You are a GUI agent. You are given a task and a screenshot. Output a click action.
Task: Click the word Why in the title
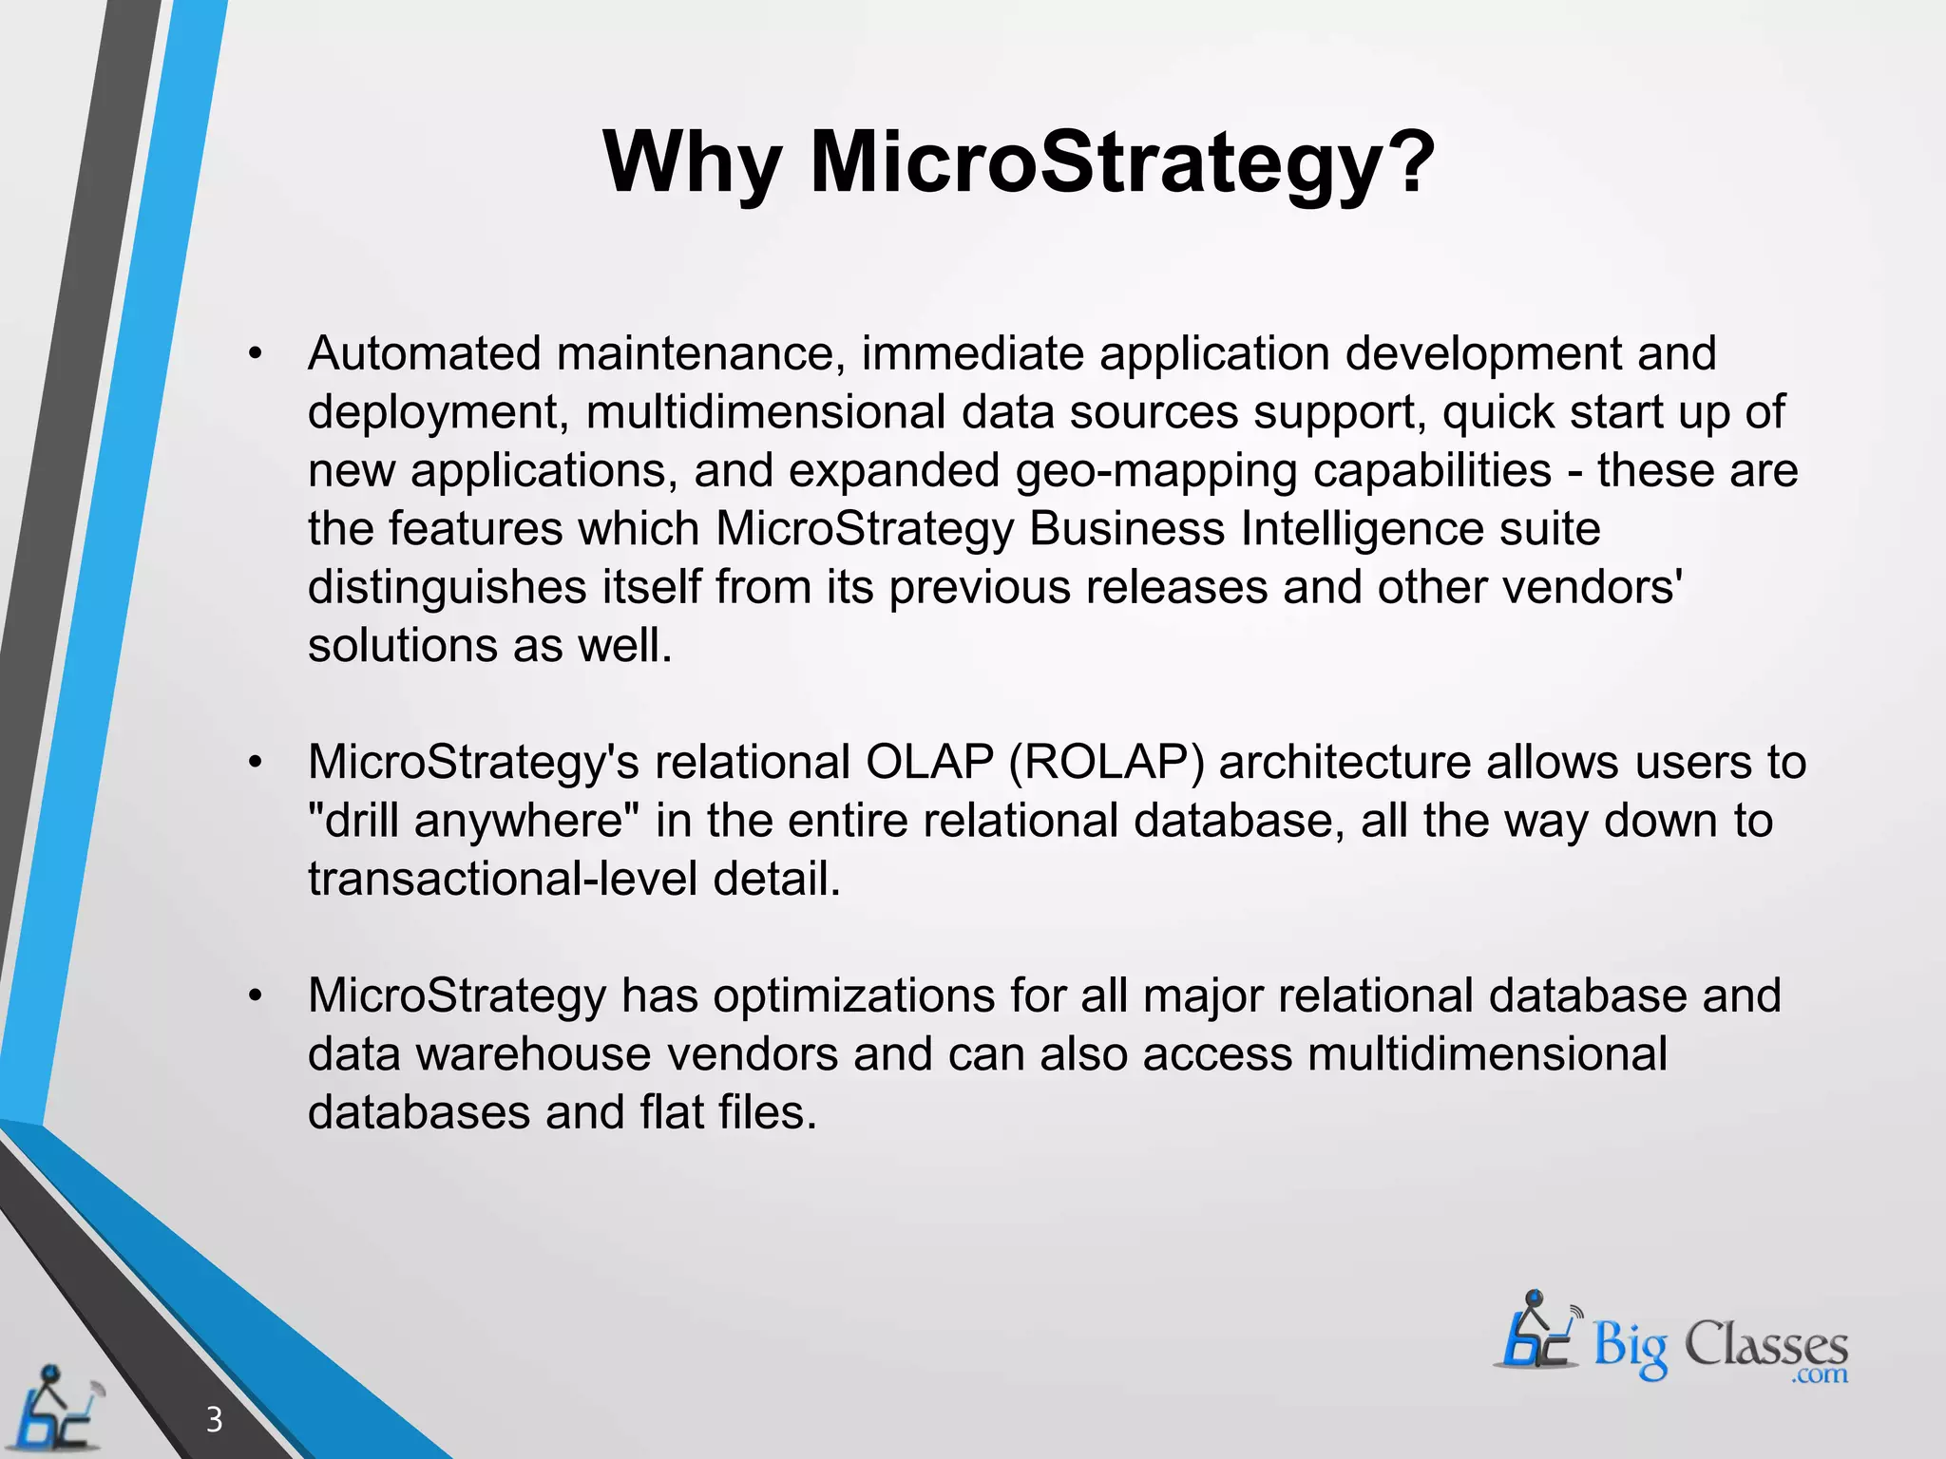[x=692, y=163]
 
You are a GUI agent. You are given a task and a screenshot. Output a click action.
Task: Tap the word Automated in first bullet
[x=424, y=353]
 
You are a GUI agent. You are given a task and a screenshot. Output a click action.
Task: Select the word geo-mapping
[x=1155, y=470]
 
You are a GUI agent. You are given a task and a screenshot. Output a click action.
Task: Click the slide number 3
[x=215, y=1419]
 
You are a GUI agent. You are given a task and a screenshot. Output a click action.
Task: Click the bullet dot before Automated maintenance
[x=254, y=354]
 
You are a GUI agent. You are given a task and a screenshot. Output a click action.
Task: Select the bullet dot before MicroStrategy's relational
[x=254, y=763]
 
